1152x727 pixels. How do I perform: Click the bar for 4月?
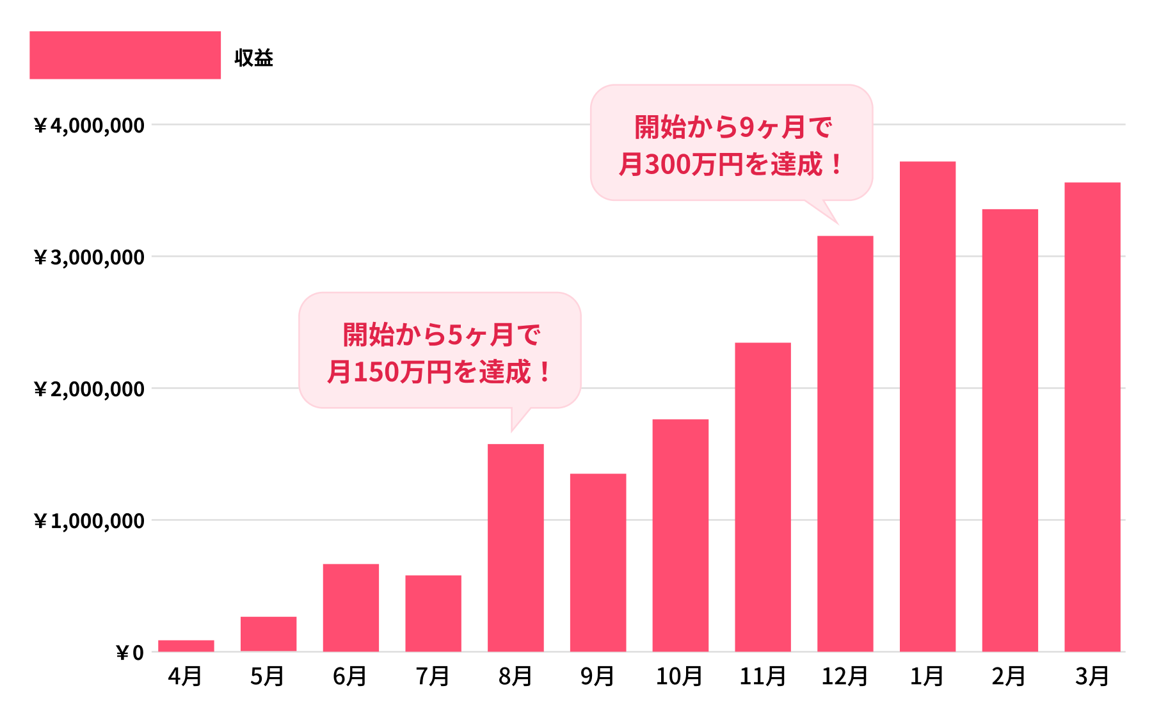(186, 646)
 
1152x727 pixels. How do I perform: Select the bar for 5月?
(268, 634)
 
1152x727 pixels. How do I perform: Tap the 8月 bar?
(515, 548)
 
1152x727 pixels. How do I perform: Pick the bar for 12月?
(845, 443)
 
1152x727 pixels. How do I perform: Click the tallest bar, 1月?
(927, 406)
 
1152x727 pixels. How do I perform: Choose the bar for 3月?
(1092, 417)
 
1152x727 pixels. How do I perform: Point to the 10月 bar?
(680, 536)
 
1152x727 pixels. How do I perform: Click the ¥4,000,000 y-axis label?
(89, 125)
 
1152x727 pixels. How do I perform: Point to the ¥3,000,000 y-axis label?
(89, 257)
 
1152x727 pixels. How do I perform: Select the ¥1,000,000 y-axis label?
(89, 521)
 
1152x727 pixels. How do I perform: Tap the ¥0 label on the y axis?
(130, 653)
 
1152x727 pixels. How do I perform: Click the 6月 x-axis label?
(350, 676)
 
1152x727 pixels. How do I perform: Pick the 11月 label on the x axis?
(763, 676)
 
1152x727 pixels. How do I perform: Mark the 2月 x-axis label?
(1009, 676)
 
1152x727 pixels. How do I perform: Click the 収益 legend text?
(254, 58)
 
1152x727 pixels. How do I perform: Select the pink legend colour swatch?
(125, 55)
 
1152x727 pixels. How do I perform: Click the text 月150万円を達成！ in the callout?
(439, 372)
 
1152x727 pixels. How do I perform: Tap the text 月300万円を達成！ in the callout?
(731, 164)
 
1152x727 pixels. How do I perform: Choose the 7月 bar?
(433, 613)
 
